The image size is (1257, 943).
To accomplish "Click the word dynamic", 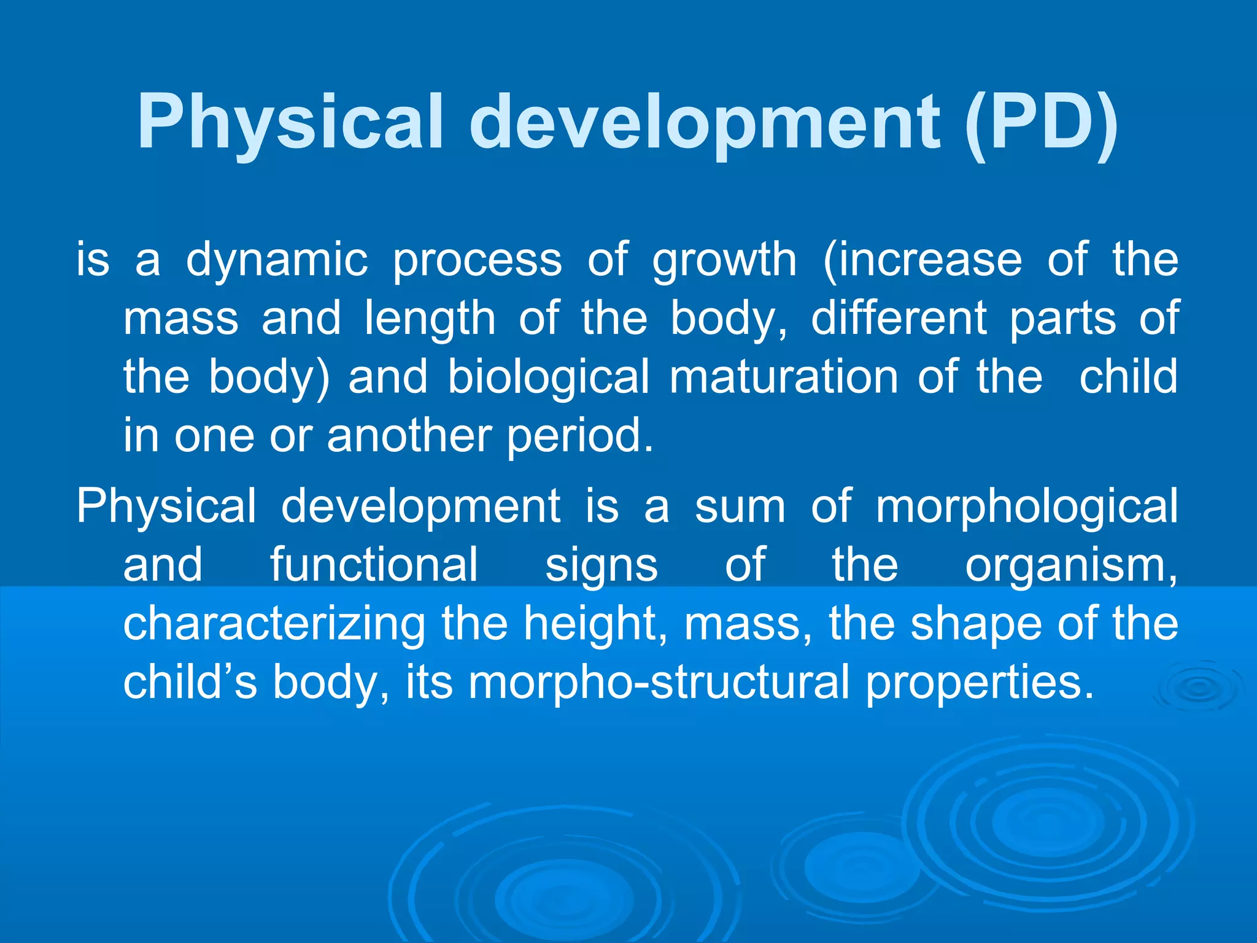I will click(x=277, y=260).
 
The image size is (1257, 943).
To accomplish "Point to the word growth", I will click(x=724, y=260).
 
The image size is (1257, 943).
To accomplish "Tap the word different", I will click(x=899, y=318).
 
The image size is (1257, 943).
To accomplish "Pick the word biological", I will click(x=548, y=378).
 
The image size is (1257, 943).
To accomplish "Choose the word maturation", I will click(x=783, y=376).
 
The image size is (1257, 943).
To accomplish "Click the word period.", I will click(x=580, y=436).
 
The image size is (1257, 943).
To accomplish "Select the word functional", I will click(x=374, y=565).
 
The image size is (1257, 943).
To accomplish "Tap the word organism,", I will click(x=1071, y=565).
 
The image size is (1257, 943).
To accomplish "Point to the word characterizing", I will click(x=274, y=624).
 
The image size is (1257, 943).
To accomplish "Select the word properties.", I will click(x=980, y=683).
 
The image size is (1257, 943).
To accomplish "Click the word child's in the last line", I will click(x=190, y=682).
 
